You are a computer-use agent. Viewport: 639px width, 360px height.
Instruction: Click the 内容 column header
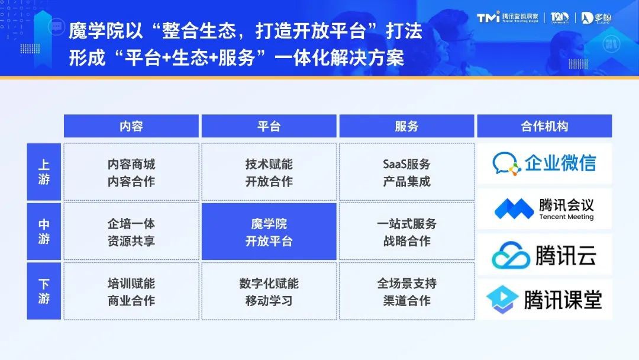131,126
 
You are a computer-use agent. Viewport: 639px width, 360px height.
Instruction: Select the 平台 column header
269,126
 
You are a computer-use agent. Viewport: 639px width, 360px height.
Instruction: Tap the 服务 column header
406,126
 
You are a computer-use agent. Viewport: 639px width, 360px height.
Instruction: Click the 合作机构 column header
544,126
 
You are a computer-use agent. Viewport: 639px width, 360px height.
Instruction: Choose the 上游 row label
44,172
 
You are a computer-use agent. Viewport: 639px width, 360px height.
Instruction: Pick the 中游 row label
44,232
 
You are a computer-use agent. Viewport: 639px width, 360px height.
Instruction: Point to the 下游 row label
44,291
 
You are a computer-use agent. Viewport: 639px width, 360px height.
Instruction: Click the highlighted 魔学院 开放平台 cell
269,232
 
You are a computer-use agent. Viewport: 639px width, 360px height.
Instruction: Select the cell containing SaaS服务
406,172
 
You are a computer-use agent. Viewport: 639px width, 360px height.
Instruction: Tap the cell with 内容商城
131,172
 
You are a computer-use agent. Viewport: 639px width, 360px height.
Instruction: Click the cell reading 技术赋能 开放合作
269,172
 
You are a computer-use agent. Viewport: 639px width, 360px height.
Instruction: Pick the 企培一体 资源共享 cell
131,232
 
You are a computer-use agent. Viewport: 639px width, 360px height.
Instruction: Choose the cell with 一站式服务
406,232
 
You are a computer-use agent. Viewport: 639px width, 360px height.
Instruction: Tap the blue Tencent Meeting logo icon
514,208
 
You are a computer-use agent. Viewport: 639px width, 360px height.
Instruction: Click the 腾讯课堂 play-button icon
502,299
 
